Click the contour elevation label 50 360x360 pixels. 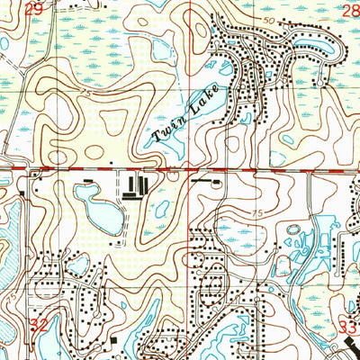pyautogui.click(x=269, y=18)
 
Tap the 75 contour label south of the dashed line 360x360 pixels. pyautogui.click(x=257, y=214)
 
